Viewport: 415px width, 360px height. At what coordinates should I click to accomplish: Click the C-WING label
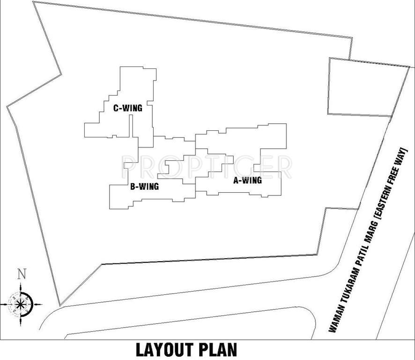[x=127, y=108]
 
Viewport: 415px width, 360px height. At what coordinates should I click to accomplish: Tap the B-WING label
[x=144, y=187]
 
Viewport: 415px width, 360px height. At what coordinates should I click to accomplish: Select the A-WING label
[x=247, y=180]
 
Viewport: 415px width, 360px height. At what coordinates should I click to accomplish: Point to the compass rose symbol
[x=20, y=304]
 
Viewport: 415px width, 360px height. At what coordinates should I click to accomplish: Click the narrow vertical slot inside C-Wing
[x=131, y=126]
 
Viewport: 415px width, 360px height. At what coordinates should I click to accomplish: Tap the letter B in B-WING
[x=133, y=187]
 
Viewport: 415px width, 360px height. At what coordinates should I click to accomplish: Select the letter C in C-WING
[x=116, y=108]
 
